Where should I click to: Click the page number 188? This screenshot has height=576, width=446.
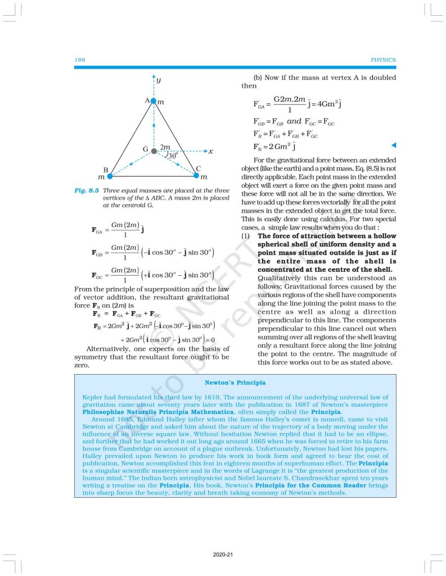click(x=79, y=60)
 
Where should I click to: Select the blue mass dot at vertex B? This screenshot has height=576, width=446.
click(x=110, y=176)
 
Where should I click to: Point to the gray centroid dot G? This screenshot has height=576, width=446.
click(x=153, y=151)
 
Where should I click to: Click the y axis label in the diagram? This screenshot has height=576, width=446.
click(x=159, y=80)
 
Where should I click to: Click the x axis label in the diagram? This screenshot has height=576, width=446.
click(x=210, y=151)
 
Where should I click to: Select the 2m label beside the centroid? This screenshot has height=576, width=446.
click(x=165, y=147)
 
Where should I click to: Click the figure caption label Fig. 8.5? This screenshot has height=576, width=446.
click(x=87, y=191)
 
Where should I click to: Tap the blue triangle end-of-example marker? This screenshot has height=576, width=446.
click(x=394, y=146)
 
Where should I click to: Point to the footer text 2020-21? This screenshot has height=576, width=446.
click(x=223, y=555)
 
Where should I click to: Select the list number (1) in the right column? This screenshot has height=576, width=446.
click(x=245, y=236)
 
